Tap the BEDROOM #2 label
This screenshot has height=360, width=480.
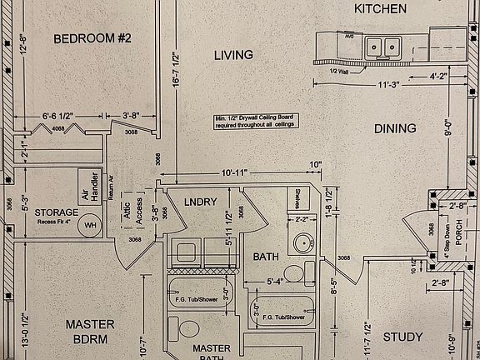pyautogui.click(x=92, y=38)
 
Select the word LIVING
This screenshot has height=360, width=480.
pyautogui.click(x=232, y=56)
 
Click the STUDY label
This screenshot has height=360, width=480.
pyautogui.click(x=402, y=337)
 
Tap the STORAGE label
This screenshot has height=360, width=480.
pyautogui.click(x=57, y=212)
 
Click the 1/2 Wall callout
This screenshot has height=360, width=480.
pyautogui.click(x=338, y=70)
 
